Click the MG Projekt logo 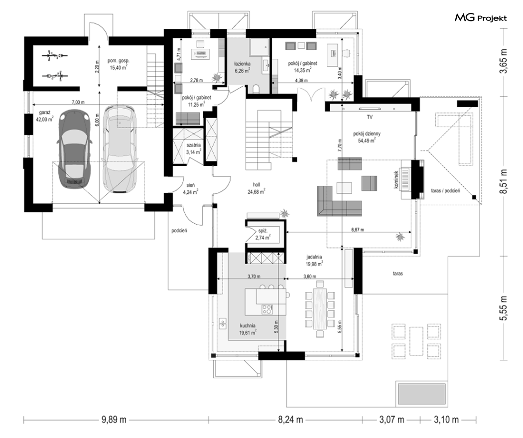click(x=481, y=17)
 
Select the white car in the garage click(x=119, y=149)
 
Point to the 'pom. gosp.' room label click(x=118, y=61)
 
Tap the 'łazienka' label click(x=242, y=63)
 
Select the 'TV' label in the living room click(x=370, y=117)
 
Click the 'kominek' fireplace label click(x=396, y=180)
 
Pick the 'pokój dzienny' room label click(x=367, y=134)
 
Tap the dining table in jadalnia click(x=320, y=308)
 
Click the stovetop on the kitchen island click(x=267, y=309)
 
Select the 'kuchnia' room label click(x=248, y=325)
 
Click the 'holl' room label click(x=257, y=184)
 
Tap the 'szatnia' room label click(x=193, y=145)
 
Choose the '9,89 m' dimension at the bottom click(x=114, y=420)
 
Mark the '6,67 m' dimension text click(x=358, y=230)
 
